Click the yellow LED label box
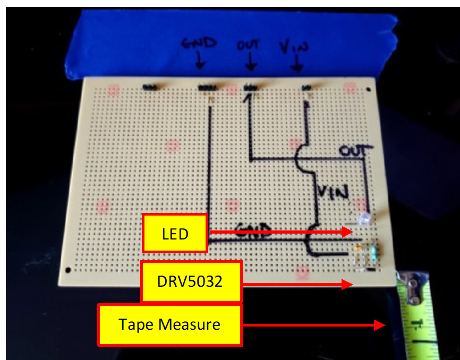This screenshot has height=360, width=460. [x=175, y=233]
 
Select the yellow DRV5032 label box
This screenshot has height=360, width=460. [x=191, y=281]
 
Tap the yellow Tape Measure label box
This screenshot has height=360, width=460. [x=169, y=324]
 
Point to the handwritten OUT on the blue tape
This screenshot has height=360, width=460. [x=249, y=45]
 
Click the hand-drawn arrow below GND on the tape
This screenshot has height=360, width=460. [x=200, y=63]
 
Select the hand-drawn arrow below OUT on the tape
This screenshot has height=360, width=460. [x=250, y=64]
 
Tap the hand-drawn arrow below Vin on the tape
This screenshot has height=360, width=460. [x=296, y=65]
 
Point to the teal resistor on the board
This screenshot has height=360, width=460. [x=376, y=250]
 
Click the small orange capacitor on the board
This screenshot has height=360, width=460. [x=361, y=247]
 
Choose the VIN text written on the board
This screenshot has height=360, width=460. [x=334, y=191]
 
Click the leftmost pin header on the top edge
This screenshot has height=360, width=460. [x=151, y=85]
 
